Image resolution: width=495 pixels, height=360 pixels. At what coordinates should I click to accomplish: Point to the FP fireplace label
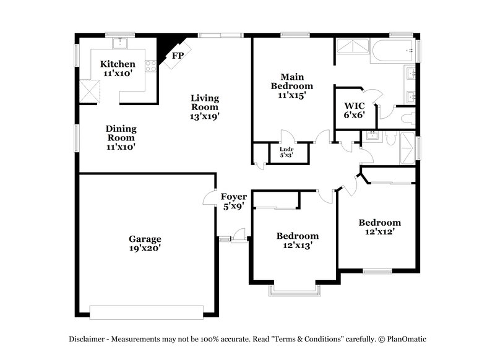coord(178,56)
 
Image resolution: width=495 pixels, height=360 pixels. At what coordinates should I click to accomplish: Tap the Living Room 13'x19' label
coord(205,106)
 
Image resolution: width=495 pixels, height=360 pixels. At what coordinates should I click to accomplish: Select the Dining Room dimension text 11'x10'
coord(121,147)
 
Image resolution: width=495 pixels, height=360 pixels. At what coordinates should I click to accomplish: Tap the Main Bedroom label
coord(291,86)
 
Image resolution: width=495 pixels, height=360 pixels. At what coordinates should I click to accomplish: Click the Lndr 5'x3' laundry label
coord(286,152)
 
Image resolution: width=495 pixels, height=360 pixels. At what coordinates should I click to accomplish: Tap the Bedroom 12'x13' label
coord(298,240)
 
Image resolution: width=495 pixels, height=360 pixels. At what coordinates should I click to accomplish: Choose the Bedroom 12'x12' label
coord(380,227)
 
